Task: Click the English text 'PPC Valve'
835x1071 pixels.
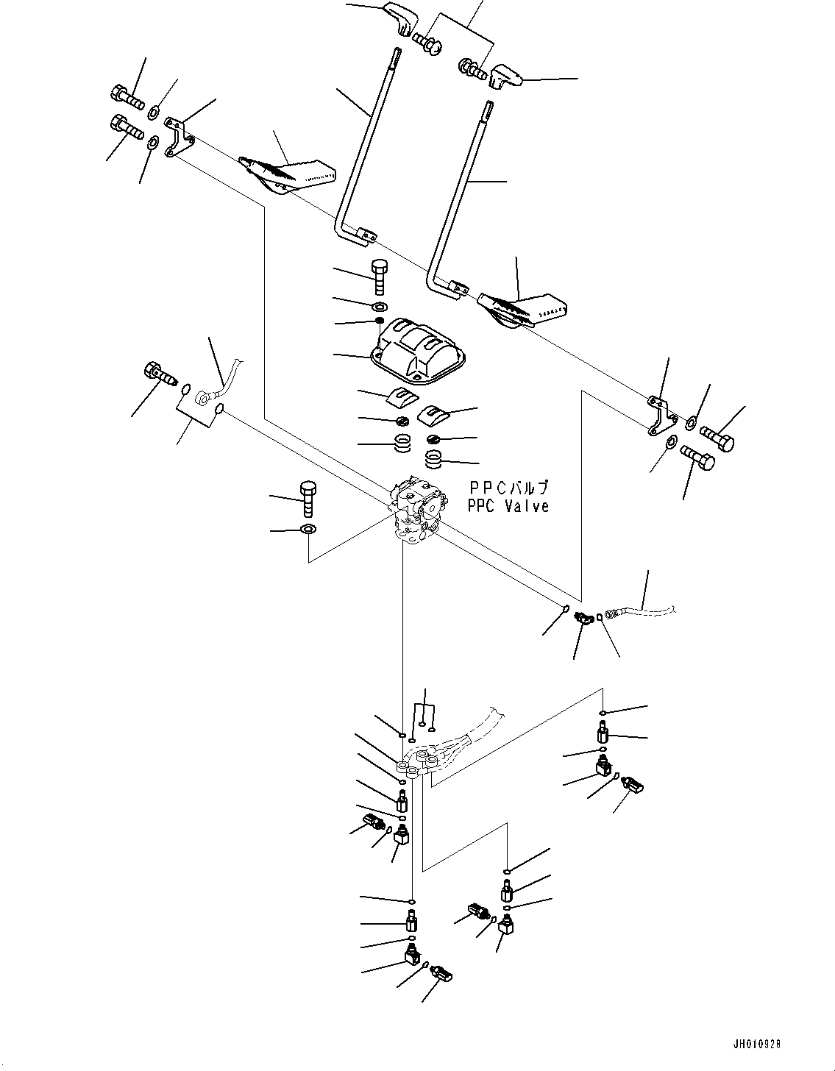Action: (x=508, y=507)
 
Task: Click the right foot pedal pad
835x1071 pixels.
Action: (x=525, y=309)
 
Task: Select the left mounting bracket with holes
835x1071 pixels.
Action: (x=177, y=138)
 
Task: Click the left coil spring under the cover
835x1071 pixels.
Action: (x=401, y=444)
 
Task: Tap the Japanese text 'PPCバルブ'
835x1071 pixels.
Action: (x=508, y=488)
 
